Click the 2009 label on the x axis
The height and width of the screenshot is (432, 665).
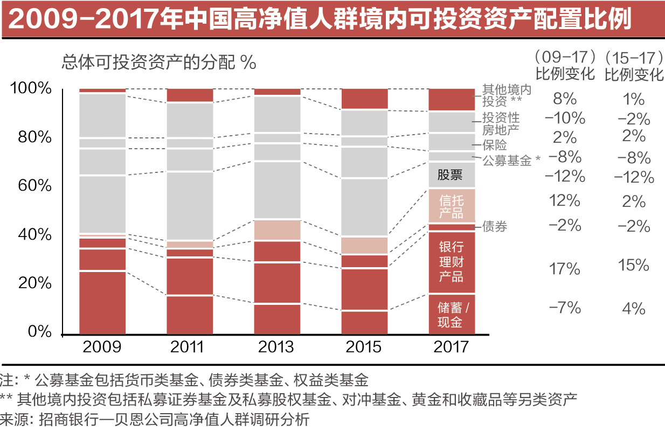pos(102,346)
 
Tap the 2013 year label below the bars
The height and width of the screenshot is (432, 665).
pos(277,346)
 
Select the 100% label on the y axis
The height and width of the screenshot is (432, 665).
pos(31,88)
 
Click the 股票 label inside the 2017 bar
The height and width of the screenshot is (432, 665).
pos(451,175)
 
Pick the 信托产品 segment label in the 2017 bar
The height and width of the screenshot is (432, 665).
pos(451,206)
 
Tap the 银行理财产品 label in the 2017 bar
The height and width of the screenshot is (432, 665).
pos(451,262)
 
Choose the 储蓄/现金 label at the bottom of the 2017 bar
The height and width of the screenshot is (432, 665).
pos(451,315)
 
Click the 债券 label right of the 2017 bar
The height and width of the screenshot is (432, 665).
pos(495,227)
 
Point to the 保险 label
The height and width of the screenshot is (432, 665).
pos(495,144)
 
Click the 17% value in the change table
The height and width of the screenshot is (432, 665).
pos(564,268)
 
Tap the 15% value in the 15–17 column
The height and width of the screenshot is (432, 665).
pos(633,265)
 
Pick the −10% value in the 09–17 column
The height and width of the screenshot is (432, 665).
pos(564,117)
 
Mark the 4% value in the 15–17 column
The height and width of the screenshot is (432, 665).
pos(633,309)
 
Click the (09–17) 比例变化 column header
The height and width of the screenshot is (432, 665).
pos(565,65)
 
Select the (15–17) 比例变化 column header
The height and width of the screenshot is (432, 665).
pos(634,65)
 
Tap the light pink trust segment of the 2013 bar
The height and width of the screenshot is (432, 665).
pos(277,230)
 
